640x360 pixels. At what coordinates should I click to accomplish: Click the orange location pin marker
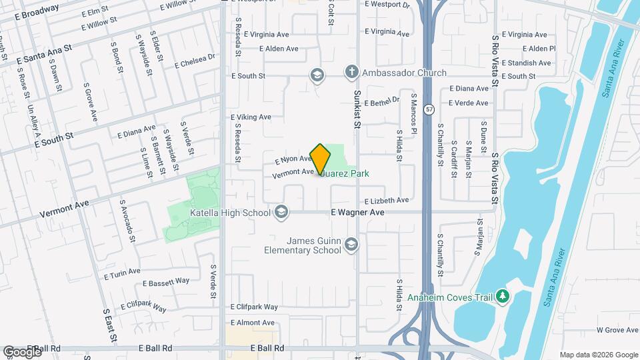[x=321, y=159]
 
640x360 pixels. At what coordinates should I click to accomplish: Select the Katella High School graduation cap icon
[x=281, y=213]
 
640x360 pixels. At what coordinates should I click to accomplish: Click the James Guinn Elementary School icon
[x=351, y=246]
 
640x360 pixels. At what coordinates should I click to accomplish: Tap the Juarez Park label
[x=345, y=173]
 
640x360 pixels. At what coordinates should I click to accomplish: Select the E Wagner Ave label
[x=358, y=212]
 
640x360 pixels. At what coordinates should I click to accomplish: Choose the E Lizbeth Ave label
[x=387, y=200]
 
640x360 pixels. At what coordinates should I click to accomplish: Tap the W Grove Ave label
[x=617, y=329]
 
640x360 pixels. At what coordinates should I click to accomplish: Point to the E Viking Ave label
[x=251, y=117]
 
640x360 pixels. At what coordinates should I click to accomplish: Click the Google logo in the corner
[x=22, y=351]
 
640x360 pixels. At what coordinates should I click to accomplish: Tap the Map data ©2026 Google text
[x=598, y=355]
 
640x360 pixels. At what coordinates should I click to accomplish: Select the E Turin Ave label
[x=122, y=272]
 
